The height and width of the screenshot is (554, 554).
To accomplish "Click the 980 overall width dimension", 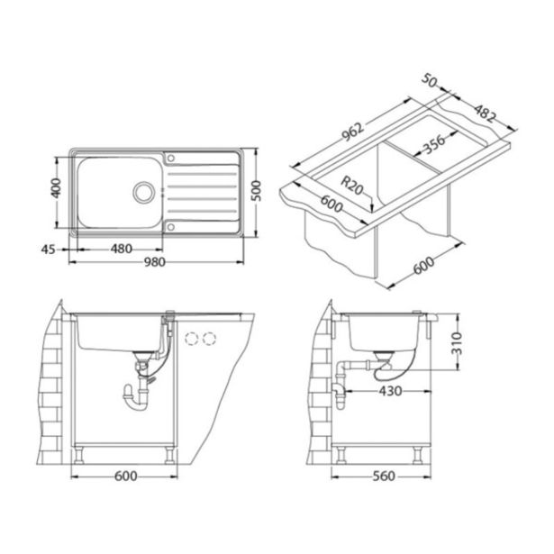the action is (x=155, y=262).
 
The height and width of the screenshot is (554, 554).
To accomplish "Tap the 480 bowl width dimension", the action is (x=122, y=249).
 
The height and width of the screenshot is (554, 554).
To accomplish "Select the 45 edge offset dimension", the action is (x=49, y=250).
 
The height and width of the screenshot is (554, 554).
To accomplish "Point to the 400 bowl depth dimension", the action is (x=56, y=188).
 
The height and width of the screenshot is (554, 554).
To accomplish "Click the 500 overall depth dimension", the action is (x=256, y=191).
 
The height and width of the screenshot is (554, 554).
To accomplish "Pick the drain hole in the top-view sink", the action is (x=143, y=192).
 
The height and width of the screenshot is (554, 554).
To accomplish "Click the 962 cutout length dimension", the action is (x=352, y=132).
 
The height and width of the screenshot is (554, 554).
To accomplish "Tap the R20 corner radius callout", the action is (x=352, y=186).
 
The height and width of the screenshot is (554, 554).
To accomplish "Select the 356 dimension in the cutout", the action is (x=434, y=144).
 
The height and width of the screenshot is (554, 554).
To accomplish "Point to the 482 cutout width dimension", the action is (x=485, y=114).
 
